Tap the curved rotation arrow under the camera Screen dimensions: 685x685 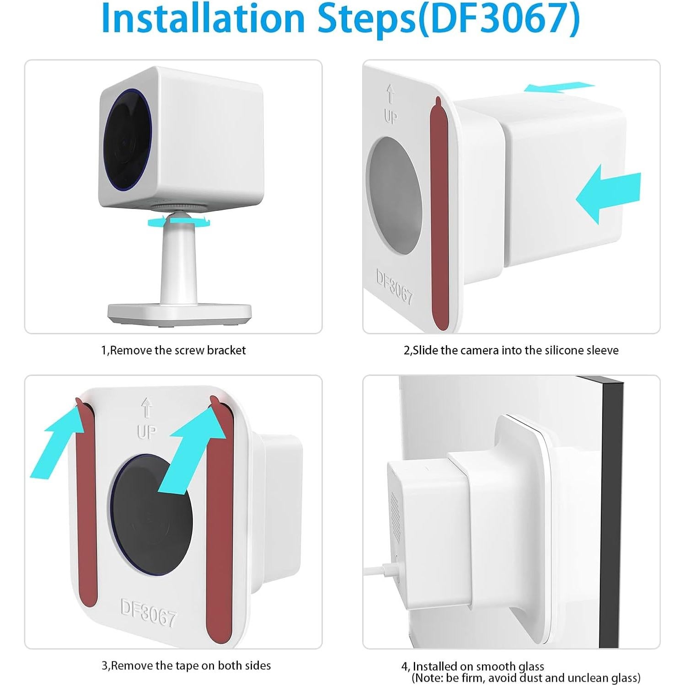pyautogui.click(x=179, y=222)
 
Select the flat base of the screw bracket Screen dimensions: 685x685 pyautogui.click(x=179, y=312)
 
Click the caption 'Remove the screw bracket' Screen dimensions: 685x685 pyautogui.click(x=173, y=350)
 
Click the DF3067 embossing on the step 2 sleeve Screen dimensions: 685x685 pyautogui.click(x=394, y=286)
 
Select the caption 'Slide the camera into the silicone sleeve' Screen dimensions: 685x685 pyautogui.click(x=511, y=350)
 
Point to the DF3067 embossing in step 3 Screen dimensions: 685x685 pyautogui.click(x=148, y=613)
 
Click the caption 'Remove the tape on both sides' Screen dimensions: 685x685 pyautogui.click(x=186, y=665)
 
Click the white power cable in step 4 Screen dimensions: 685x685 pyautogui.click(x=380, y=570)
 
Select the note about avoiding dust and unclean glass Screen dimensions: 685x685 pyautogui.click(x=526, y=678)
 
